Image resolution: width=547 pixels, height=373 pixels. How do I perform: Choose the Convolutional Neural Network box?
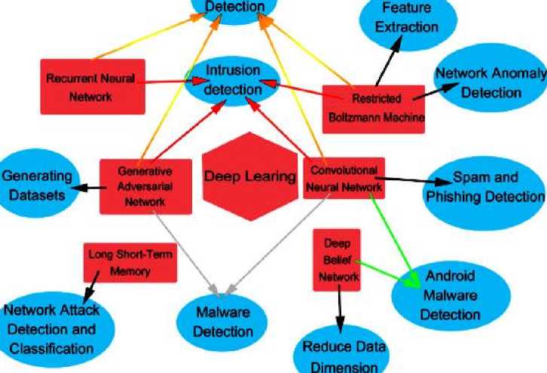tap(344, 178)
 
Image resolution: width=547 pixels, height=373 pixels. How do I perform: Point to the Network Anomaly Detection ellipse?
tap(480, 84)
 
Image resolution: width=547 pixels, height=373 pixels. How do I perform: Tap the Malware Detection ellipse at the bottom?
tap(221, 320)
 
